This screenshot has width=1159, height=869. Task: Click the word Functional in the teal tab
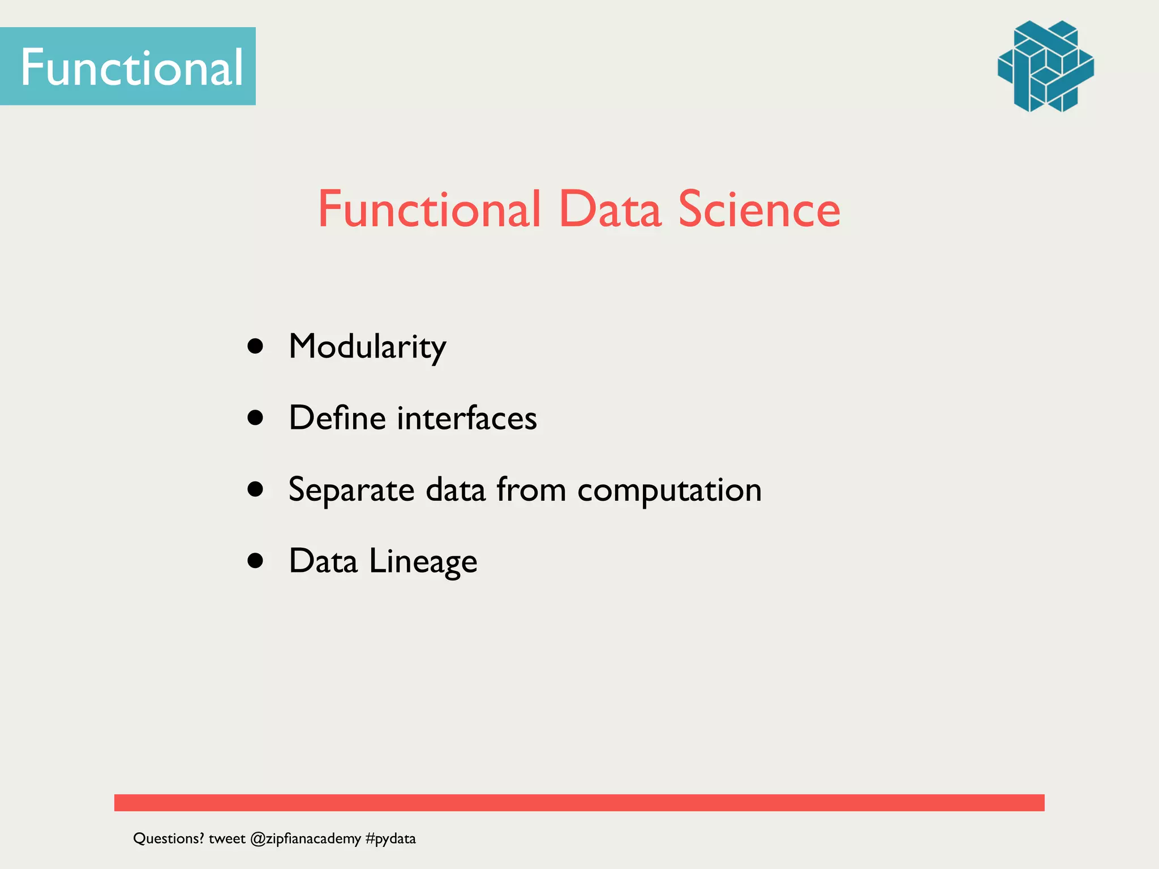pos(131,67)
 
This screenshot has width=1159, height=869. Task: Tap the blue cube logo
pos(1045,66)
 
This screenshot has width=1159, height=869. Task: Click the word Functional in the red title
pos(429,209)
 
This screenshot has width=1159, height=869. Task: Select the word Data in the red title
pos(609,209)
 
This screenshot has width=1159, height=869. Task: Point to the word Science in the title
pos(759,209)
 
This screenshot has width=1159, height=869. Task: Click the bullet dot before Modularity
pos(256,346)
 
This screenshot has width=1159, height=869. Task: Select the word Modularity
pos(367,347)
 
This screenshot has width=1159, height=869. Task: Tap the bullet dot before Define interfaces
pos(256,418)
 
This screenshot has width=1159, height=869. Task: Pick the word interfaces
pos(467,418)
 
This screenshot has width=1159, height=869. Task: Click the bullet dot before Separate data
pos(256,489)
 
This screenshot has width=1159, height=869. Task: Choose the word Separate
pos(351,490)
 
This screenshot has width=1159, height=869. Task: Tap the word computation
pos(669,490)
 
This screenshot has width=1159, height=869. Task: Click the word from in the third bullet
pos(531,489)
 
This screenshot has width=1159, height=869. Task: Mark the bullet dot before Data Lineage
pos(256,560)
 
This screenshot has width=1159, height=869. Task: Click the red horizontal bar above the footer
pos(579,802)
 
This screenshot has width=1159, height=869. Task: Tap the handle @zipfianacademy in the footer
pos(305,838)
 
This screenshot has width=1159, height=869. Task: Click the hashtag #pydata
pos(390,838)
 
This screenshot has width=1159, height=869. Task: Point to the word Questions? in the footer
pos(168,838)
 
